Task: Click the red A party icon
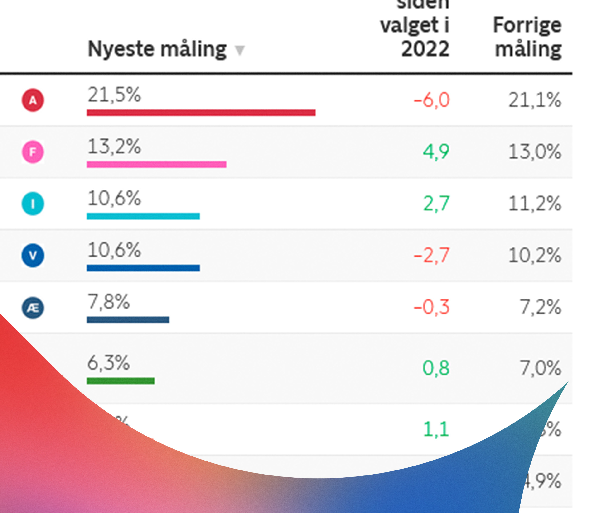[x=33, y=100]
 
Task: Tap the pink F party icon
[x=33, y=152]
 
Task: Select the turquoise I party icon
[x=33, y=204]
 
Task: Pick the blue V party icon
[x=33, y=255]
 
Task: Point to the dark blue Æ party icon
[x=33, y=308]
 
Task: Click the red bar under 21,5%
[x=201, y=113]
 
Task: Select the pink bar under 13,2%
[x=156, y=164]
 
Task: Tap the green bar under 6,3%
[x=121, y=381]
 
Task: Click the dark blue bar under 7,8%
[x=128, y=319]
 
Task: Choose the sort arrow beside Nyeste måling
[x=240, y=50]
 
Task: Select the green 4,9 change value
[x=436, y=152]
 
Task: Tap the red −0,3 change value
[x=432, y=307]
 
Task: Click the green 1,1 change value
[x=436, y=429]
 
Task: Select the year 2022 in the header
[x=425, y=49]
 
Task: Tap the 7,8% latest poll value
[x=109, y=302]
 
